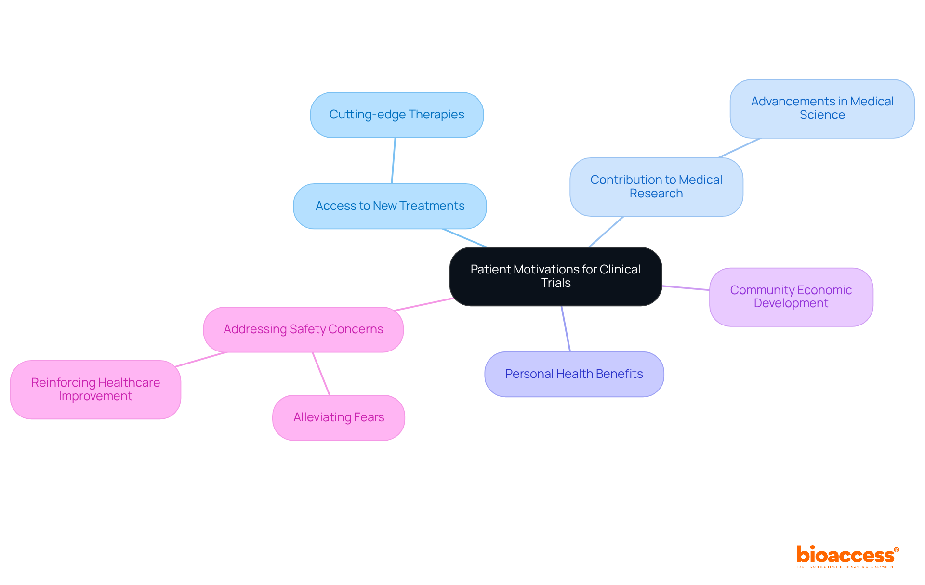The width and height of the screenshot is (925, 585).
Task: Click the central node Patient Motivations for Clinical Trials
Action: [555, 276]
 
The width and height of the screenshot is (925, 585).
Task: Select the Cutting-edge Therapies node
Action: [396, 115]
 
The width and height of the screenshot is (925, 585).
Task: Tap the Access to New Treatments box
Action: [390, 206]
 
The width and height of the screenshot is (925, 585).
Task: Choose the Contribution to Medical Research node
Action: [656, 187]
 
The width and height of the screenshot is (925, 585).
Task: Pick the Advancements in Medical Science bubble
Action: [822, 108]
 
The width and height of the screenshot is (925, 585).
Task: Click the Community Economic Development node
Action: [791, 297]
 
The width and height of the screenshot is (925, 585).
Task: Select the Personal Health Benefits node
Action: [574, 374]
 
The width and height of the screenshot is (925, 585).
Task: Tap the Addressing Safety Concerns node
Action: [303, 329]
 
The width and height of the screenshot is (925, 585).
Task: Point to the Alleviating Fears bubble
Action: [338, 417]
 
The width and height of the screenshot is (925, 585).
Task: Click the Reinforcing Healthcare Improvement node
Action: [95, 389]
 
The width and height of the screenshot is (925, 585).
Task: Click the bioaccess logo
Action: [847, 556]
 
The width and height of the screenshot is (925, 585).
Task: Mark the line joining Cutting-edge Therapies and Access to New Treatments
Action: [394, 161]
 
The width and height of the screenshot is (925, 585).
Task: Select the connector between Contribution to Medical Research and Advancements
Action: [740, 148]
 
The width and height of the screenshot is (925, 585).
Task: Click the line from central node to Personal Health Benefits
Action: [566, 329]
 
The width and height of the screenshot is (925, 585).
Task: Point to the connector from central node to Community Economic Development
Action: [686, 288]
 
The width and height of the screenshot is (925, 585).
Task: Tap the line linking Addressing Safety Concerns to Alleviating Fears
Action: [321, 374]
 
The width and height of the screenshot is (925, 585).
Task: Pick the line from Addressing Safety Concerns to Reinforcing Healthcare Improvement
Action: [200, 360]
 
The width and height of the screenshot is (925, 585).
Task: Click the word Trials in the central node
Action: [555, 283]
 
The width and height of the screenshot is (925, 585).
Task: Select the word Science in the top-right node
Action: [822, 115]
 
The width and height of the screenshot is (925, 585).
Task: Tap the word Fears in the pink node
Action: [369, 417]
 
